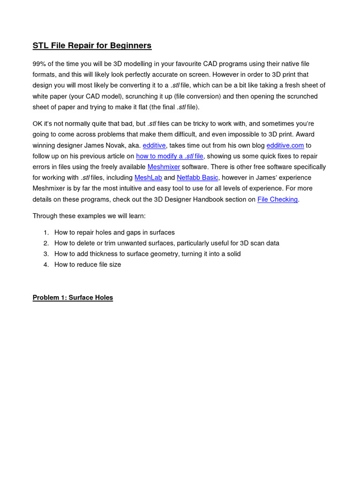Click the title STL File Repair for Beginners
pyautogui.click(x=92, y=45)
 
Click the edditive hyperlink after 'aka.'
pyautogui.click(x=154, y=145)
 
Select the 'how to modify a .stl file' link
pyautogui.click(x=170, y=156)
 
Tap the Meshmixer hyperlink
pyautogui.click(x=164, y=167)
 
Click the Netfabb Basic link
pyautogui.click(x=197, y=178)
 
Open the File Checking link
pyautogui.click(x=277, y=199)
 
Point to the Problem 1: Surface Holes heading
pyautogui.click(x=73, y=298)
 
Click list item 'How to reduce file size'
pyautogui.click(x=88, y=264)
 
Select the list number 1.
pyautogui.click(x=46, y=232)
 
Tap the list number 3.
pyautogui.click(x=46, y=254)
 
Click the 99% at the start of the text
pyautogui.click(x=39, y=64)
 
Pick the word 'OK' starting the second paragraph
pyautogui.click(x=37, y=124)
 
